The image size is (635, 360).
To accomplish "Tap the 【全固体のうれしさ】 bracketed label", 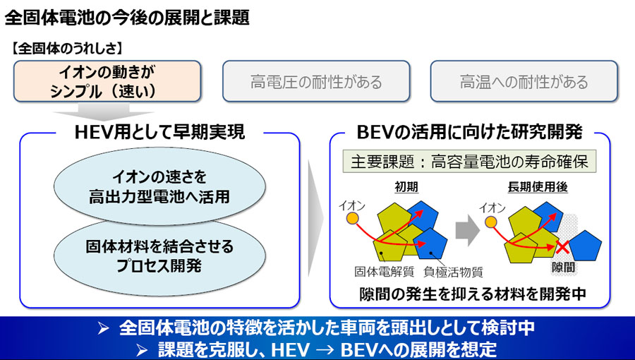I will click(x=68, y=49).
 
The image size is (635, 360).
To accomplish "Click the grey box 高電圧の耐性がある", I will click(x=316, y=82).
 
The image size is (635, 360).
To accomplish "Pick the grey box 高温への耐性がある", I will click(x=524, y=82).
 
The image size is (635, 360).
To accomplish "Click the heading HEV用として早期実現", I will click(x=159, y=131).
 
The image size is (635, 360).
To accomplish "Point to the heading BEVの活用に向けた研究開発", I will click(x=470, y=131).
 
